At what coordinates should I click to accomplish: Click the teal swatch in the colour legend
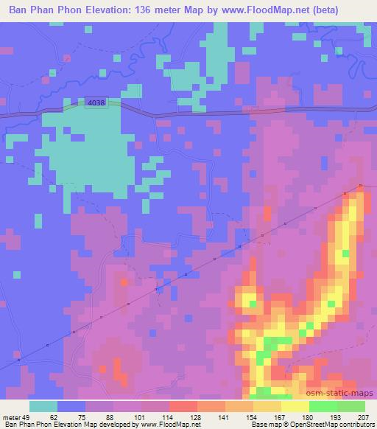click(x=43, y=406)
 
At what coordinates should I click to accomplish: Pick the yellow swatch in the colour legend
click(x=295, y=406)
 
